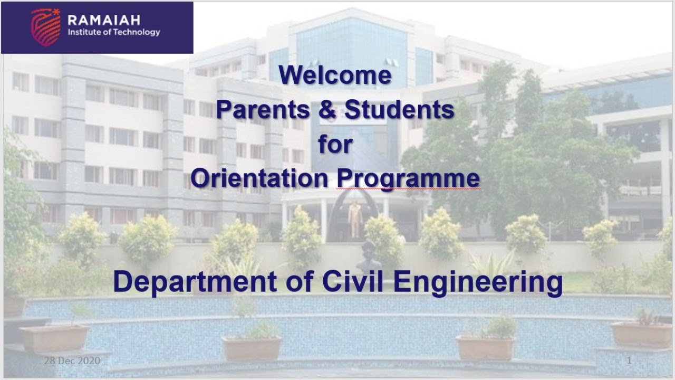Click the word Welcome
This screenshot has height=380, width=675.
[335, 74]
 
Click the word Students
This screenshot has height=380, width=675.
[399, 109]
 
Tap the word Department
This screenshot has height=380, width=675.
[195, 282]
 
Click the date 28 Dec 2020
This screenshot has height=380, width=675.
[72, 361]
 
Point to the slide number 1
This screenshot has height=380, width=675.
[629, 361]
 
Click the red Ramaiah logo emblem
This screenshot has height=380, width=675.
[45, 27]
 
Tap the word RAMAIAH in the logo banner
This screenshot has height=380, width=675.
[104, 21]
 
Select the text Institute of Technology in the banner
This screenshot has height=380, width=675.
[113, 33]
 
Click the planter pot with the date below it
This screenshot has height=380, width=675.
[54, 338]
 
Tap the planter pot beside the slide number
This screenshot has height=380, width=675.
[641, 334]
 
